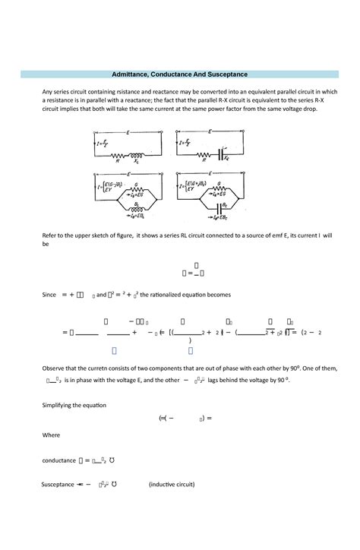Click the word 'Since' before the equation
coord(50,294)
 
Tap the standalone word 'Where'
coord(51,435)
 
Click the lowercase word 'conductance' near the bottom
coord(58,460)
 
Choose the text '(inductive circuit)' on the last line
coord(177,483)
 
